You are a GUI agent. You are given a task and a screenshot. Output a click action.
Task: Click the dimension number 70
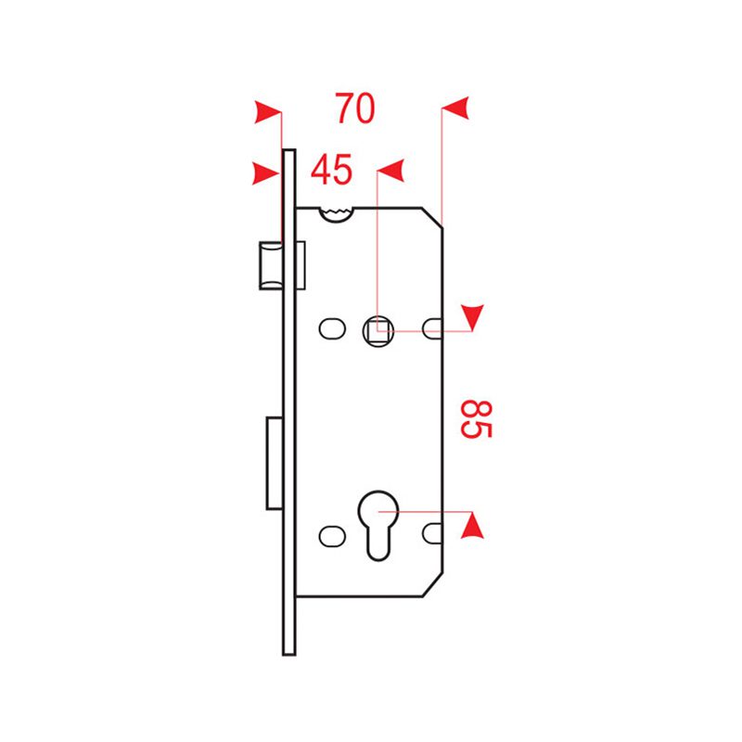[x=355, y=109]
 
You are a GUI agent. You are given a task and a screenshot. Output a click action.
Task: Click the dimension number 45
[x=331, y=170]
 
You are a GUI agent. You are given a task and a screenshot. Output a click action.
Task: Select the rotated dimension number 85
[x=477, y=419]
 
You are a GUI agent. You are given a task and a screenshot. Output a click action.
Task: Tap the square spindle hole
[x=378, y=330]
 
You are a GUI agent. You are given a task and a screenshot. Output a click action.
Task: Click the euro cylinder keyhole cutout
[x=378, y=525]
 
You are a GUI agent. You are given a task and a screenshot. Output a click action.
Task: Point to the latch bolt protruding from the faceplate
[x=271, y=265]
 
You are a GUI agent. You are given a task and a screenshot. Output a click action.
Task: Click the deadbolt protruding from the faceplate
[x=275, y=463]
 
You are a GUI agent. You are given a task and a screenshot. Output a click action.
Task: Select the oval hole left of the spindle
[x=332, y=329]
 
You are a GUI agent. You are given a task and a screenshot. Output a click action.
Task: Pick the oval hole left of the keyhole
[x=332, y=536]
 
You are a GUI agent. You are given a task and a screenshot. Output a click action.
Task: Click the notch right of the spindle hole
[x=432, y=329]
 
